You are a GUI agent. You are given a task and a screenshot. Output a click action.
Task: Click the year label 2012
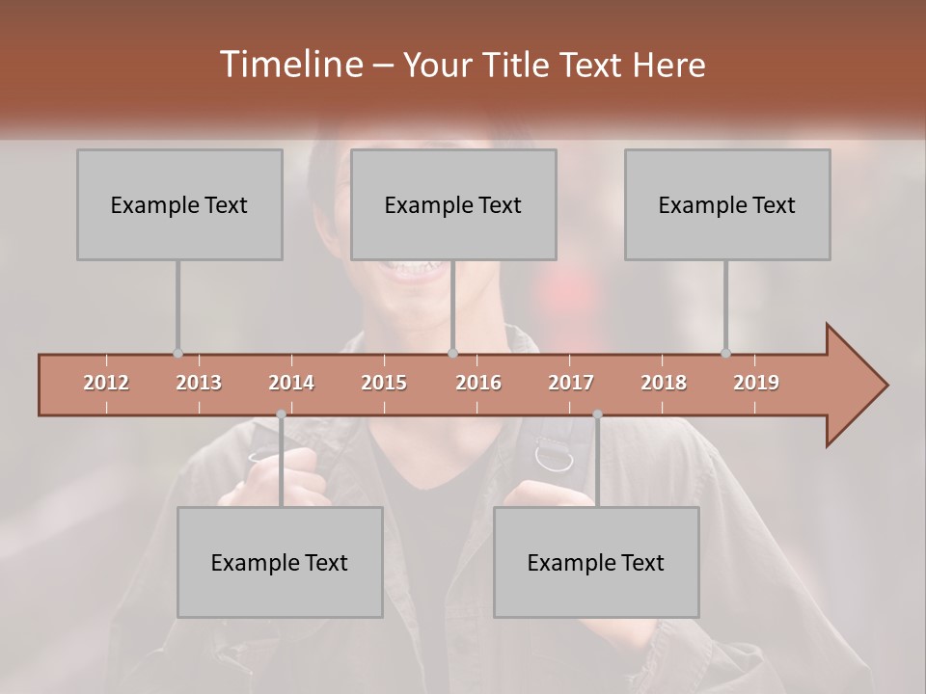(x=106, y=383)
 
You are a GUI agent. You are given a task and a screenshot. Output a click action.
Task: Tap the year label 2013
(x=199, y=383)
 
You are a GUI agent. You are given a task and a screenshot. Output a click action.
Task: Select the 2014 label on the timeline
(x=291, y=383)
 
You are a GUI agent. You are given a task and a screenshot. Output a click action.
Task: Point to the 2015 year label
(x=384, y=383)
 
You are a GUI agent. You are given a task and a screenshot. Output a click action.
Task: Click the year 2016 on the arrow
(x=478, y=383)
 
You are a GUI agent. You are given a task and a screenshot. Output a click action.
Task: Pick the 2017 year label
(x=571, y=383)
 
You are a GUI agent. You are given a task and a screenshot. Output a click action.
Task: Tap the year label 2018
(x=664, y=383)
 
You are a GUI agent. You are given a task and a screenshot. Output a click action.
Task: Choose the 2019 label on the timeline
(x=756, y=383)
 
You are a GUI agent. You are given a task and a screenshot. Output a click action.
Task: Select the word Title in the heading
(x=518, y=66)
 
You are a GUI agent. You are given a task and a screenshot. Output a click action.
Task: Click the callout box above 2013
(x=179, y=204)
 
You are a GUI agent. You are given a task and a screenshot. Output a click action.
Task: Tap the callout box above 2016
(x=453, y=204)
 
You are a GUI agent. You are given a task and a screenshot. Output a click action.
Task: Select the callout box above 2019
(x=727, y=204)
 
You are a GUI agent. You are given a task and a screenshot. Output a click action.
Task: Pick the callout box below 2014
(x=280, y=562)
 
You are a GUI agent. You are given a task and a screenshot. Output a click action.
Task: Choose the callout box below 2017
(x=596, y=562)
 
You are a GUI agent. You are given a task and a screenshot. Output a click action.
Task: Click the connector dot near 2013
(x=177, y=353)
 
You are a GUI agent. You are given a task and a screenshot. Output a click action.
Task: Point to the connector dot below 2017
(x=597, y=414)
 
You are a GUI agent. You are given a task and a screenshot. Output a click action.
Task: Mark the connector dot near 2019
(x=725, y=353)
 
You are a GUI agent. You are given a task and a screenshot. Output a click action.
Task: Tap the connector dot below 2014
(x=281, y=414)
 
